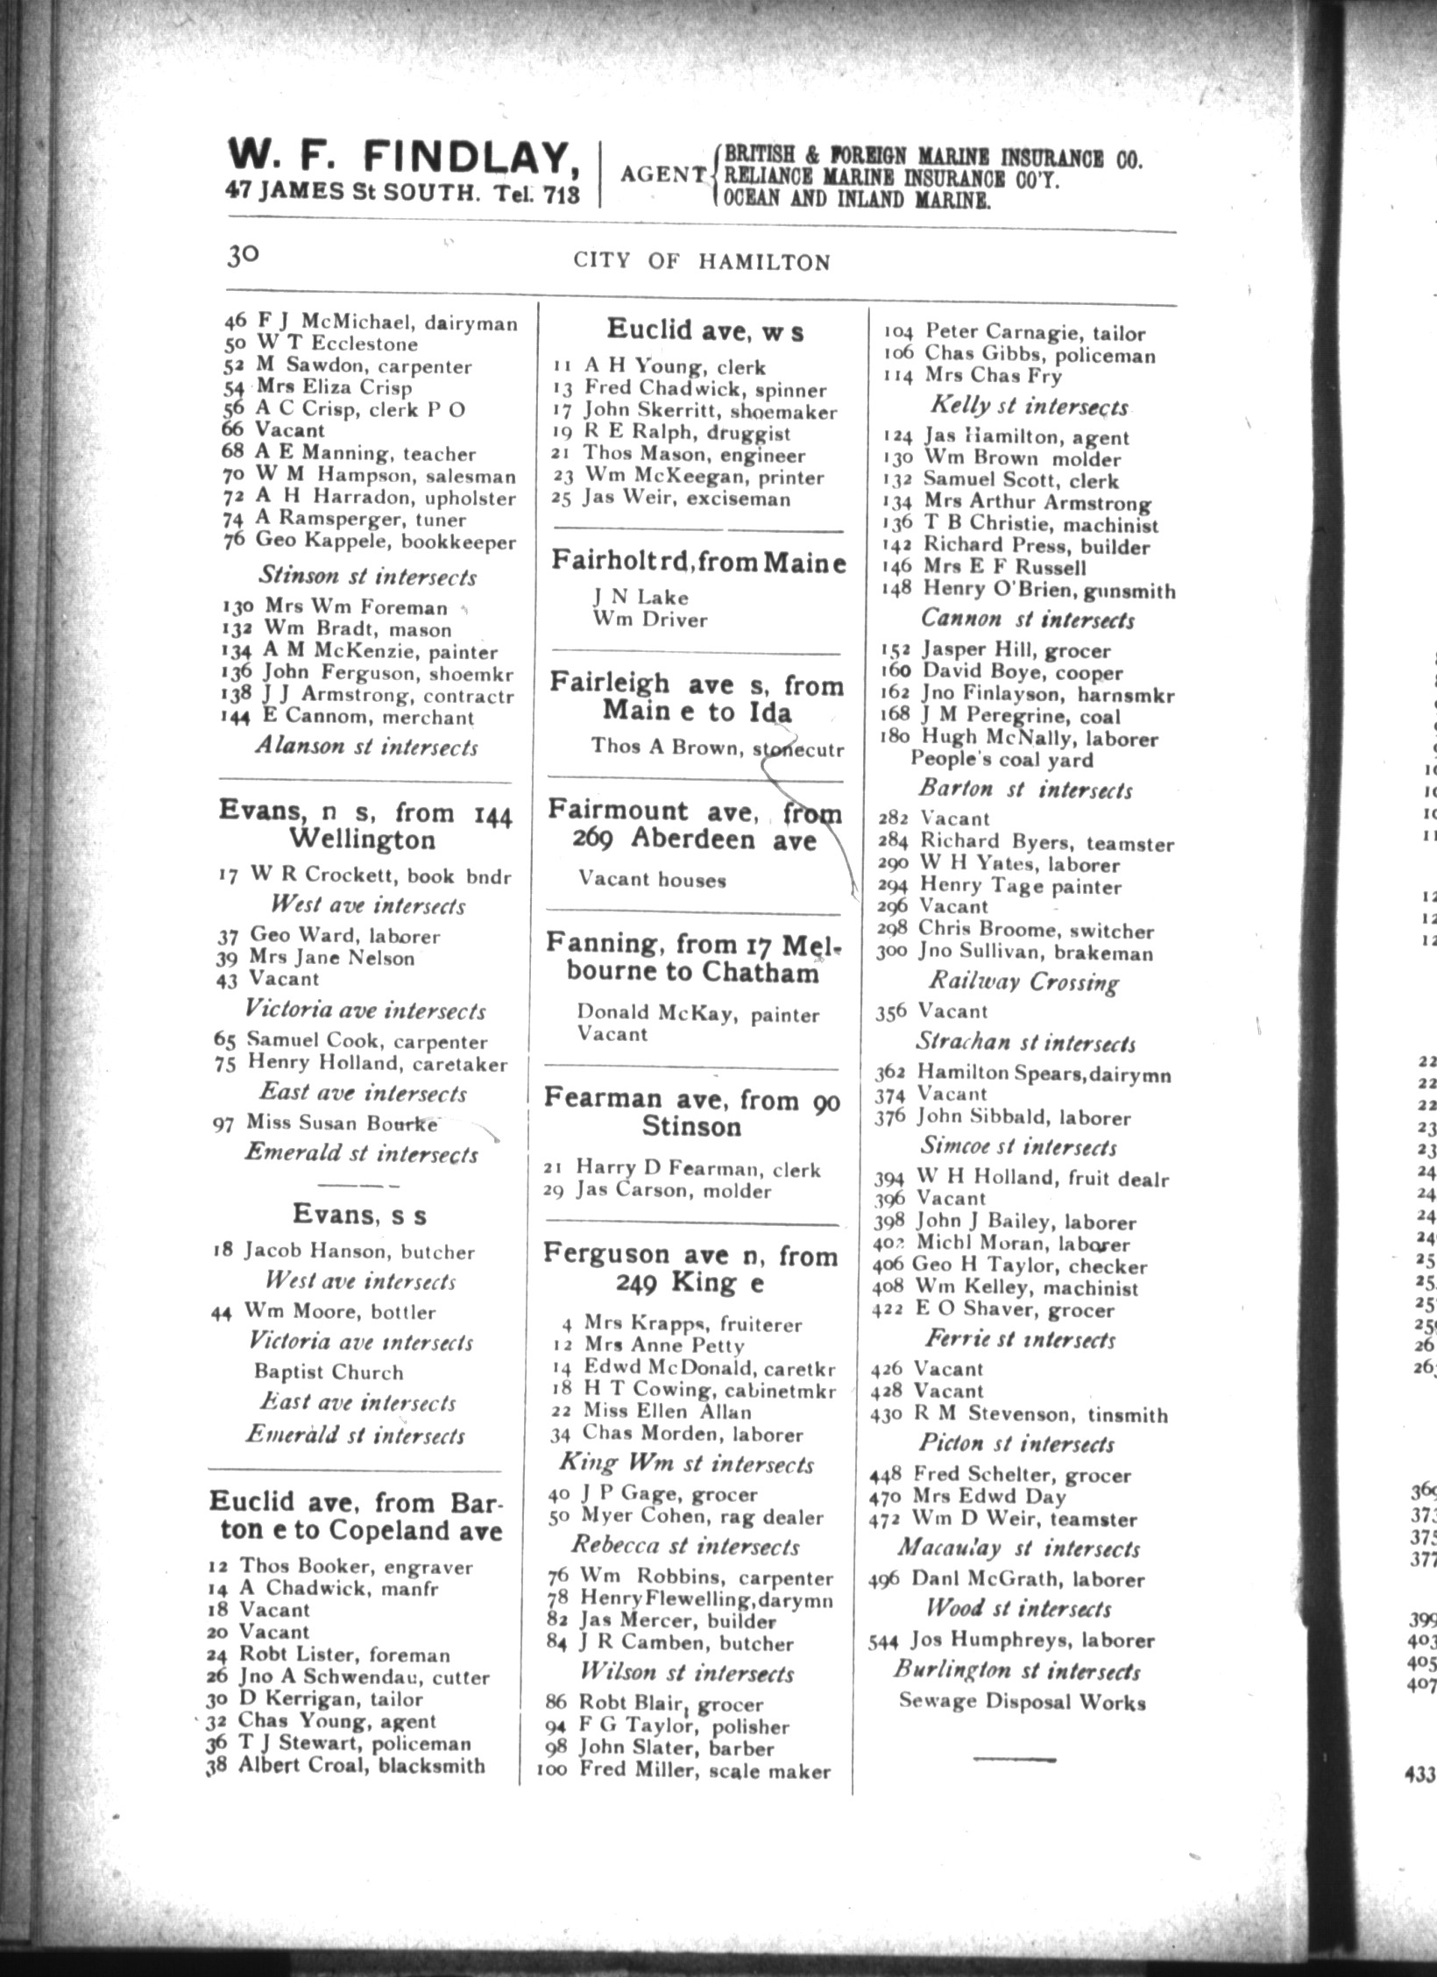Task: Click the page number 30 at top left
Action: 243,255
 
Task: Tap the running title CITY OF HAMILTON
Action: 701,262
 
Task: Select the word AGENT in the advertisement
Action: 662,174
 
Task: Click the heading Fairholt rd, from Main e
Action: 698,561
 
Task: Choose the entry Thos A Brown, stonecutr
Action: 717,747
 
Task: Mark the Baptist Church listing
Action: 329,1371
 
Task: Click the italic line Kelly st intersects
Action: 1029,407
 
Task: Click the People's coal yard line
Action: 1002,760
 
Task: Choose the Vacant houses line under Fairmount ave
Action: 652,879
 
